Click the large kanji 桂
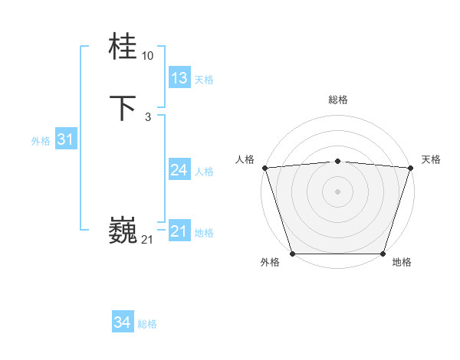(123, 46)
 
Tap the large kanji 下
(123, 108)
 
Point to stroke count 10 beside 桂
(147, 56)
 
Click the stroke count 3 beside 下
(147, 117)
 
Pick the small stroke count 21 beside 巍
(147, 240)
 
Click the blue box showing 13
(179, 78)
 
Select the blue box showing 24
(179, 170)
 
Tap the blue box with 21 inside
(179, 231)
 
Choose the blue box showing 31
(65, 139)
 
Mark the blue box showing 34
(122, 322)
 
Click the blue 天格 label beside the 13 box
(204, 80)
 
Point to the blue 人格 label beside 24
(204, 172)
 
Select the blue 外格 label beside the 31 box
(41, 141)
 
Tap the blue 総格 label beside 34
(147, 324)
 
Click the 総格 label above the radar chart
(337, 100)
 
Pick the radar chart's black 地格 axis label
(402, 263)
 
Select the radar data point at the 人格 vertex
(264, 168)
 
